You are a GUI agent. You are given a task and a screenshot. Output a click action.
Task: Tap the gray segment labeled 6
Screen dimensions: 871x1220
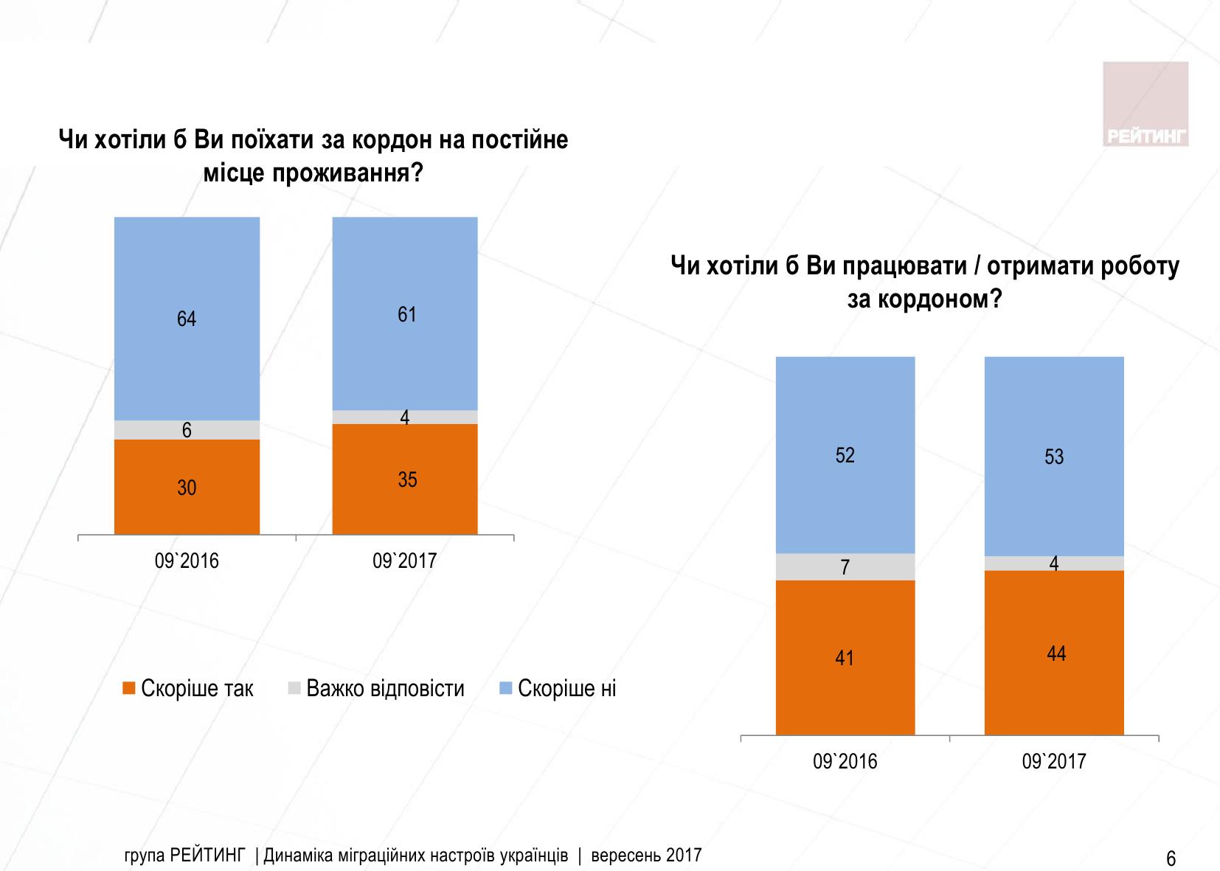(x=187, y=430)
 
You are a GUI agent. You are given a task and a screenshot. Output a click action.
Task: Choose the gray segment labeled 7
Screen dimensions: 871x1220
(x=845, y=566)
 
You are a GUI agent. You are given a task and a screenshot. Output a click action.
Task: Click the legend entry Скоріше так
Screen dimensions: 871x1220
(x=188, y=689)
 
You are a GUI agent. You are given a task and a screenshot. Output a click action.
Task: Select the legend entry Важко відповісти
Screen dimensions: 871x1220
(x=376, y=689)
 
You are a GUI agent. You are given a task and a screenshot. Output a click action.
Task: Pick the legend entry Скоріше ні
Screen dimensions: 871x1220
(x=558, y=689)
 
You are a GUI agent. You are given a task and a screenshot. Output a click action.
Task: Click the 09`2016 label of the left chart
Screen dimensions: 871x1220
(x=187, y=561)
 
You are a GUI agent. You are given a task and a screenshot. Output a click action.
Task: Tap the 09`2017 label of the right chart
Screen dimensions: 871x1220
(x=1054, y=761)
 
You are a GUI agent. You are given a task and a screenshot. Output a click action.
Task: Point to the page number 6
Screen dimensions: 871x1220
(x=1171, y=859)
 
